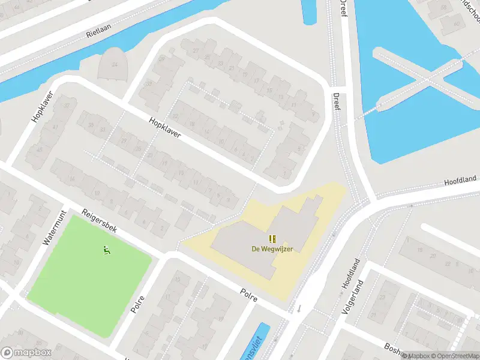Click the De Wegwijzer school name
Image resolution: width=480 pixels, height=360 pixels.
click(x=272, y=249)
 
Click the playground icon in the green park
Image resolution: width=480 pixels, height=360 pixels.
click(x=107, y=250)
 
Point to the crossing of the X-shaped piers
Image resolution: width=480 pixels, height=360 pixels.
click(x=427, y=78)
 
